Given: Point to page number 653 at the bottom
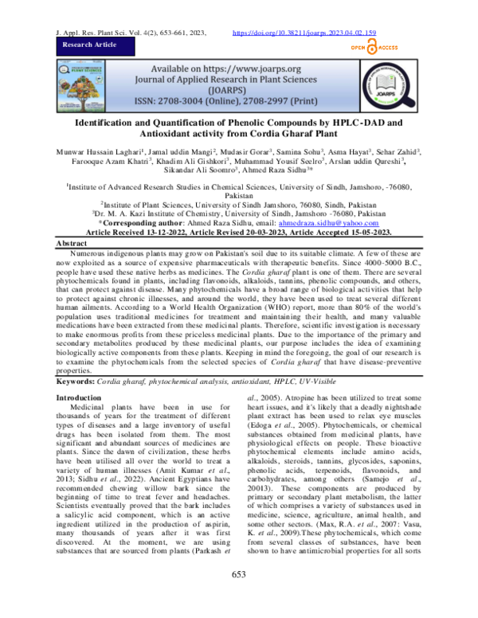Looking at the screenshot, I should tap(238, 598).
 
